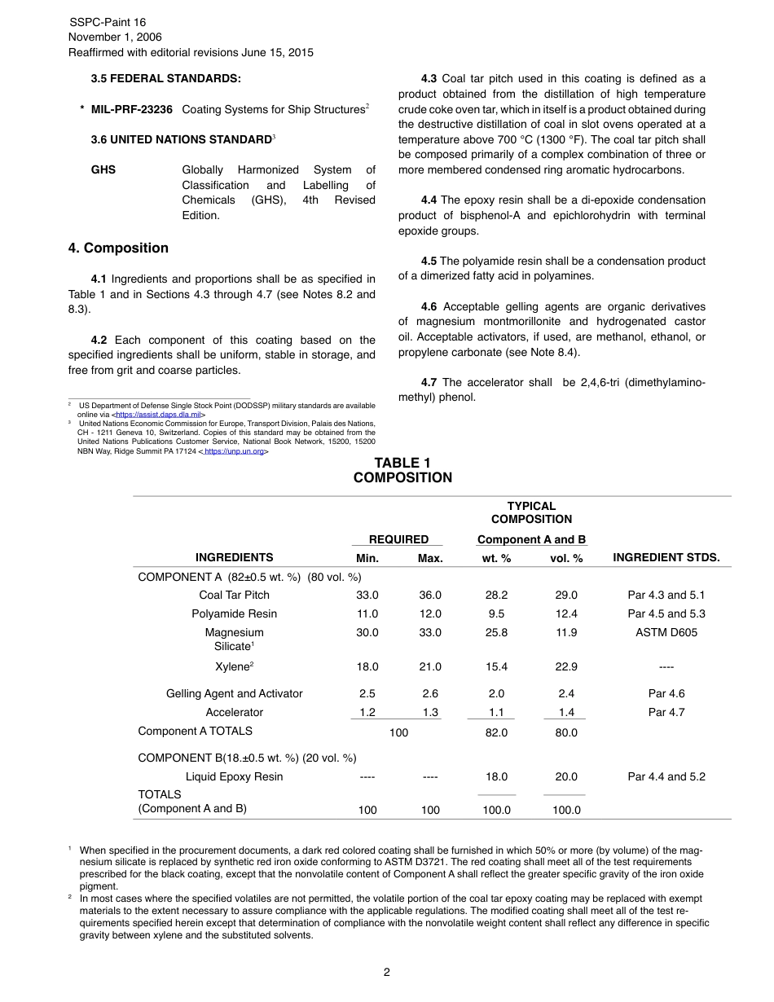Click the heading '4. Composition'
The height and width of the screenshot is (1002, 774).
(118, 248)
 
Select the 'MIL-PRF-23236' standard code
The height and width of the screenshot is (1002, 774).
(132, 109)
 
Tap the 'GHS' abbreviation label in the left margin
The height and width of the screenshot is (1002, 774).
(103, 169)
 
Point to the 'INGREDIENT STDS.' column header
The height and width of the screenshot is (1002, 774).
(666, 558)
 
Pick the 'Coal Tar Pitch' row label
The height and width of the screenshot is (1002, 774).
(234, 595)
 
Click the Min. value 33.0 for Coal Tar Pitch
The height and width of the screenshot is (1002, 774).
(367, 595)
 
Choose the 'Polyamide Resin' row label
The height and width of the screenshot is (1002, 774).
(234, 613)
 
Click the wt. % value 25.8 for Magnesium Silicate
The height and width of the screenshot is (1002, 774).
(496, 632)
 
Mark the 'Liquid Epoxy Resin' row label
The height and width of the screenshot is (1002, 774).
(234, 776)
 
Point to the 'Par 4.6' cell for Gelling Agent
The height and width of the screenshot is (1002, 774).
(666, 693)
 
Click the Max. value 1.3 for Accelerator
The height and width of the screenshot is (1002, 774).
(430, 712)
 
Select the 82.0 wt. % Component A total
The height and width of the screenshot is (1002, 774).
(496, 732)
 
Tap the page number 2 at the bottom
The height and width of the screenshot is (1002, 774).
(387, 972)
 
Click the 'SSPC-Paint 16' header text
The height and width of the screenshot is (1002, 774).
(108, 22)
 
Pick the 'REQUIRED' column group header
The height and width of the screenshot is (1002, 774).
(398, 539)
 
